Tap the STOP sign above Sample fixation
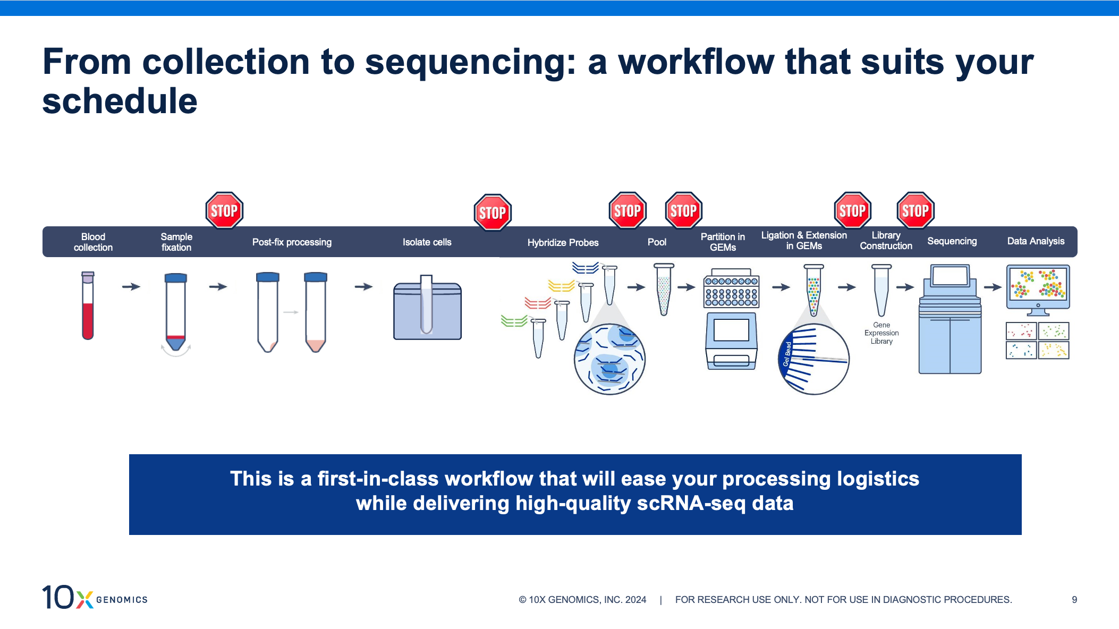point(224,210)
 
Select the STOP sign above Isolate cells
point(493,212)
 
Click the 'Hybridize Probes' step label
point(563,242)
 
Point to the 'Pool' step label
point(657,242)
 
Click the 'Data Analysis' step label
point(1036,241)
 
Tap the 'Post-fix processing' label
point(292,242)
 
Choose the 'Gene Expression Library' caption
point(881,333)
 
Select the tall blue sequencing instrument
point(950,324)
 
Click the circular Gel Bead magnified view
point(813,359)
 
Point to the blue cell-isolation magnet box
point(427,311)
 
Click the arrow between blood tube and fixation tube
point(131,287)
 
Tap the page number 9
point(1074,599)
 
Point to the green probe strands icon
point(513,321)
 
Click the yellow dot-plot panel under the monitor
point(1054,350)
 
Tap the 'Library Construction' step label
point(886,241)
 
